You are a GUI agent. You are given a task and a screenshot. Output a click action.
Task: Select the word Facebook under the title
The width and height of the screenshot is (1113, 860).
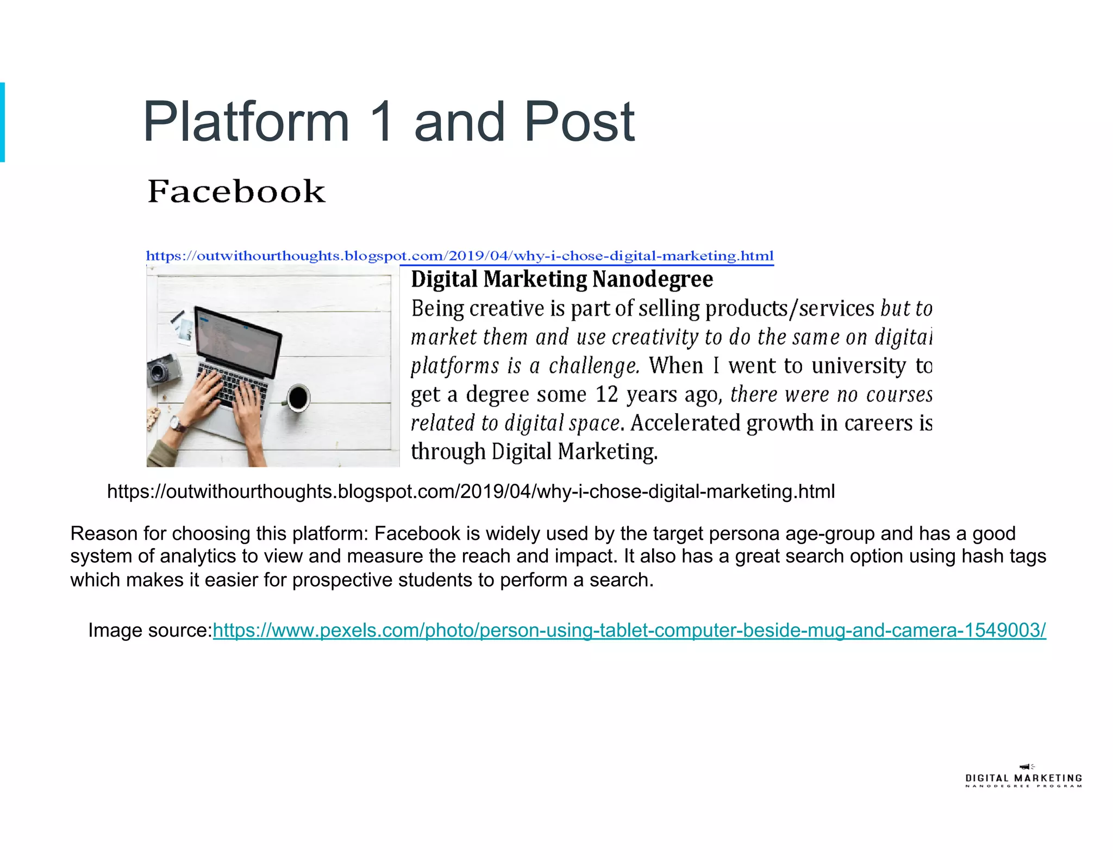(236, 191)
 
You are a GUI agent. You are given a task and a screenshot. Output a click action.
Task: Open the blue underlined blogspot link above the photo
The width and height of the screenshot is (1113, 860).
(460, 256)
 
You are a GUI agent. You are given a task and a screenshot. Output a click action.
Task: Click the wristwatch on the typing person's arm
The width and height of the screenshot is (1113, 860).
(177, 423)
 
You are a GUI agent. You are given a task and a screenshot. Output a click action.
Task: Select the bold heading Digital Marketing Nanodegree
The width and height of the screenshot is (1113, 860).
(562, 279)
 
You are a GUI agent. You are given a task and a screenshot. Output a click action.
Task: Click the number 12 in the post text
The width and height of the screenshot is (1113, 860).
(607, 394)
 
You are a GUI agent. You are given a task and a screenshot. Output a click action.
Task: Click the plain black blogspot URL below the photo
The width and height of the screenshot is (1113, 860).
(471, 491)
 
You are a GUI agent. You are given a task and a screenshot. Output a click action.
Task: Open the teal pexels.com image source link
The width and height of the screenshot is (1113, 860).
(629, 630)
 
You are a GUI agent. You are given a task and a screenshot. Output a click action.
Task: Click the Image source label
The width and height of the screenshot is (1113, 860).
(150, 630)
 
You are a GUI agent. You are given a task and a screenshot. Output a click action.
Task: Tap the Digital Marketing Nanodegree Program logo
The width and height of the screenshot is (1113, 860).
(1023, 777)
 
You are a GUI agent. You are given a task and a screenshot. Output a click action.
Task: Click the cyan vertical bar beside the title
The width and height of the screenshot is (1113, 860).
(2, 122)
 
